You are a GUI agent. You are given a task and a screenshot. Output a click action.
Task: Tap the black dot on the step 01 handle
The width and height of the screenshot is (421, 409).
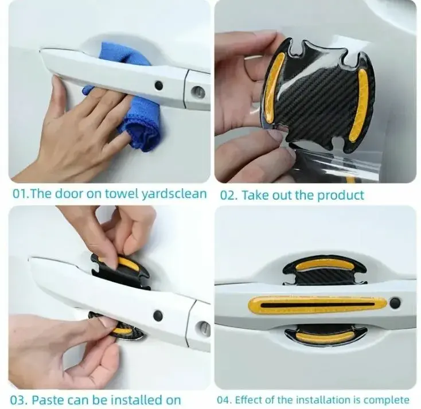tap(159, 85)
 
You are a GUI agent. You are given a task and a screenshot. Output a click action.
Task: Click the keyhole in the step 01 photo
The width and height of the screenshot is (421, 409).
tap(198, 92)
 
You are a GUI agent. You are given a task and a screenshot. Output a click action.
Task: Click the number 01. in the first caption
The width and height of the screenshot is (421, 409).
tap(21, 194)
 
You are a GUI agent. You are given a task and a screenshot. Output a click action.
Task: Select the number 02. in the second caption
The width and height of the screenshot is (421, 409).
tap(229, 195)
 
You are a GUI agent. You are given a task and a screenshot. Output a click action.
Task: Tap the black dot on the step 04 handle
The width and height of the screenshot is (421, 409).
tap(395, 303)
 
